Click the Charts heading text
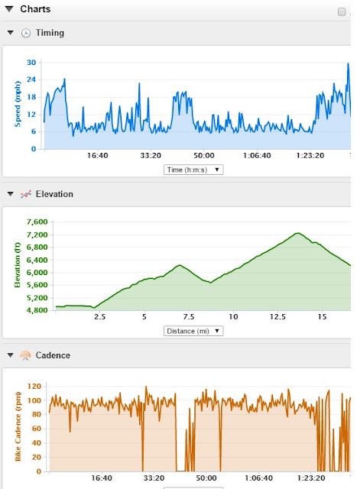(35, 9)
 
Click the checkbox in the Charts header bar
(342, 12)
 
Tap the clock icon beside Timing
(26, 33)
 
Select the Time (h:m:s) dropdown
(193, 170)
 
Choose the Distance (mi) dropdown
(193, 331)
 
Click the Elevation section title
(54, 194)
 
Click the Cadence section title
(53, 355)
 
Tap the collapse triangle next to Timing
(10, 32)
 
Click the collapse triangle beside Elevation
(10, 194)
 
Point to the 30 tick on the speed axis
(31, 63)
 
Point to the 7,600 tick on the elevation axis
(37, 222)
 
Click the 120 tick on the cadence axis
(34, 386)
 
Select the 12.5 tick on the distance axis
(277, 317)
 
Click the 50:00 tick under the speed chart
(204, 155)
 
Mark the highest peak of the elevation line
(298, 233)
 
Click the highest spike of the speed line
(348, 63)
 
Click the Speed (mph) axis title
(18, 104)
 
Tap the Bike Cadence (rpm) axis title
(18, 426)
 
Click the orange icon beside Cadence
(25, 355)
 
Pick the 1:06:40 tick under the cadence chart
(258, 478)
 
